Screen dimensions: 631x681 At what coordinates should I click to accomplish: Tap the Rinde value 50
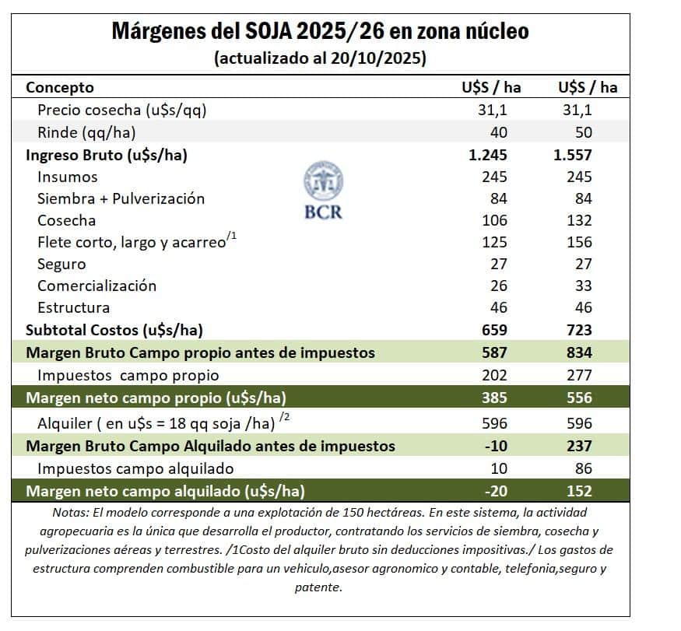click(x=582, y=132)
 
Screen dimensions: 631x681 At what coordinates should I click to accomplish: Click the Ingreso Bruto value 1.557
click(x=574, y=155)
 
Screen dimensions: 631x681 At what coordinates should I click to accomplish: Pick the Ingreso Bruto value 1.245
click(x=488, y=155)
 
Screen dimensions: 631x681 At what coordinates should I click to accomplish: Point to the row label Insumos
click(x=68, y=177)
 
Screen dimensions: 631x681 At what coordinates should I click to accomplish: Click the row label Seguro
click(x=61, y=264)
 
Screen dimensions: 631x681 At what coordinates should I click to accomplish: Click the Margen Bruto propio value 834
click(x=578, y=352)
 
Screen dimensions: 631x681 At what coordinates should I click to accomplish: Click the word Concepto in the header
click(x=60, y=87)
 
